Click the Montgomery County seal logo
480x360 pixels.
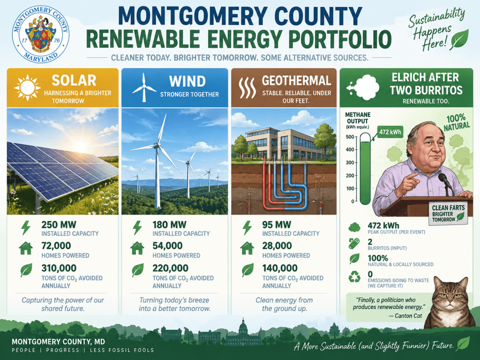(41, 35)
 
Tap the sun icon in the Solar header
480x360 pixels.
(27, 88)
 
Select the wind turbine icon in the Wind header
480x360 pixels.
(144, 88)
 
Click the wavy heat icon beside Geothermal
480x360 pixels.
(247, 88)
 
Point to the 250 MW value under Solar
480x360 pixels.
(59, 225)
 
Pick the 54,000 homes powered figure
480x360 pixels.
(167, 246)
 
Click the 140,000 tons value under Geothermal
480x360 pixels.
(280, 268)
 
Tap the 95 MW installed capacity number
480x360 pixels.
(277, 225)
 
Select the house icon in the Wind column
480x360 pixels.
(137, 248)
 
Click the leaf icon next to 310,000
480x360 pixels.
(26, 270)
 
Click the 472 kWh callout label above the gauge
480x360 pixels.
(390, 132)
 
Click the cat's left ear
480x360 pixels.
(438, 284)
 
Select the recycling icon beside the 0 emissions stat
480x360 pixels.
(354, 277)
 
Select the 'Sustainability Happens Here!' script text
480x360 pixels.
(436, 29)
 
